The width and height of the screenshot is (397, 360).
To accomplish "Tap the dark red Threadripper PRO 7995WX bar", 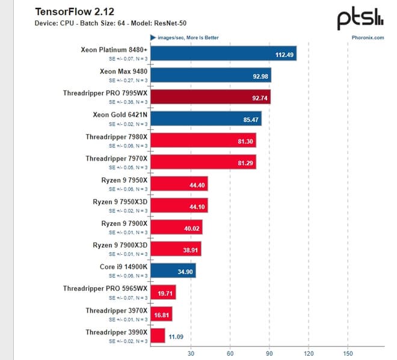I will [211, 96].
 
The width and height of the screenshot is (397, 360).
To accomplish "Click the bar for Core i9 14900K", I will [174, 270].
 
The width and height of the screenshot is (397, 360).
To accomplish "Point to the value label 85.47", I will [250, 120].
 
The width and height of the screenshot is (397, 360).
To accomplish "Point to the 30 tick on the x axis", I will [192, 353].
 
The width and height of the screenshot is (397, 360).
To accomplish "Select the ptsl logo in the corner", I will [359, 17].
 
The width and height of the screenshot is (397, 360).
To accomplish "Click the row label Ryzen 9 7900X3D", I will [120, 245].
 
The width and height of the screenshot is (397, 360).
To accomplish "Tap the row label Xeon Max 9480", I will [124, 72].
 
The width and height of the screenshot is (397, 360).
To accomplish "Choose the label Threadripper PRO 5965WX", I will [105, 288].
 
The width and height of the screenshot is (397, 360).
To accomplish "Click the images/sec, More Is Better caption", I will [187, 37].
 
